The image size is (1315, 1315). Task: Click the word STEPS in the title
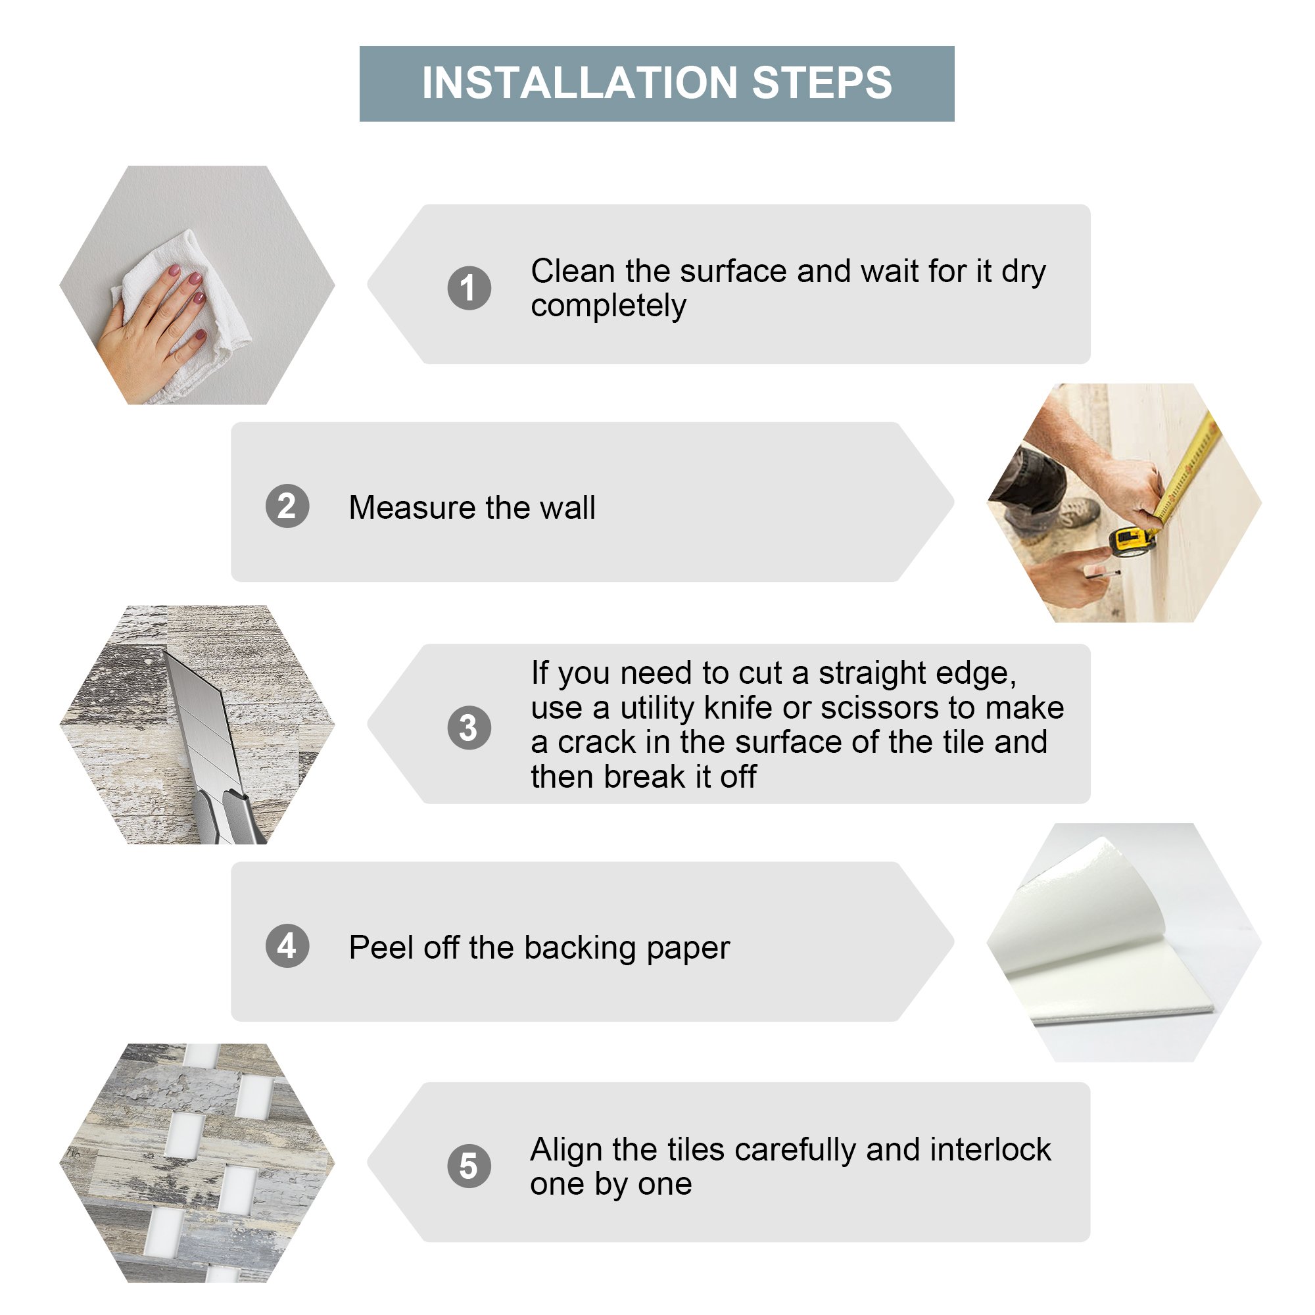click(x=823, y=83)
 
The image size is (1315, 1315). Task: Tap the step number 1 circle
click(x=469, y=287)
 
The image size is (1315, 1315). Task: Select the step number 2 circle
click(x=287, y=506)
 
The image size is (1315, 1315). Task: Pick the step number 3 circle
click(x=469, y=728)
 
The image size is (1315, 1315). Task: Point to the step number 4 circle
click(x=287, y=945)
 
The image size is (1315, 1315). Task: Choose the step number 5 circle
click(x=469, y=1166)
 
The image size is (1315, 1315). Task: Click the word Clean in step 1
click(x=573, y=271)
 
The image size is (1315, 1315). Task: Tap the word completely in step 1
click(x=608, y=306)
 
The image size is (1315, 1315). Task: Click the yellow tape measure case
click(x=1134, y=540)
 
